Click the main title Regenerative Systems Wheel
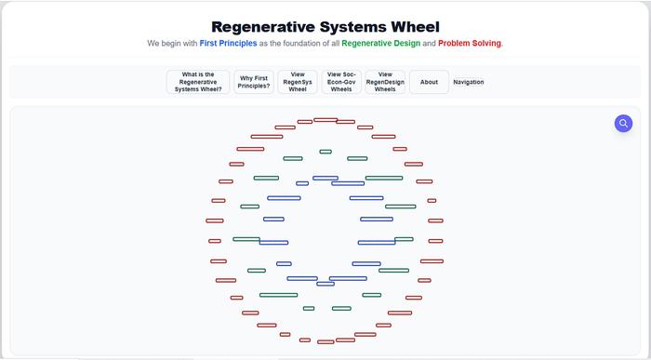click(325, 27)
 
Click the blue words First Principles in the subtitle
click(228, 44)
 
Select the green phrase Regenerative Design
click(380, 44)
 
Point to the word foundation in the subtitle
click(299, 44)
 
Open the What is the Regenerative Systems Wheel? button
click(198, 82)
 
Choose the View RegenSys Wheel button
click(298, 82)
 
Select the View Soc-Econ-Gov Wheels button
click(341, 82)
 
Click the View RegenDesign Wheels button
click(385, 82)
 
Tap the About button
click(429, 82)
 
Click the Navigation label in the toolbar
click(469, 82)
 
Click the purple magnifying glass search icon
click(623, 123)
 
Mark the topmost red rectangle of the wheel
click(325, 120)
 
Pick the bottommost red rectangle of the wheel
click(325, 341)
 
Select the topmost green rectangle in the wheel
click(325, 152)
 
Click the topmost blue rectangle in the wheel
click(325, 178)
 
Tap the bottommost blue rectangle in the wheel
click(325, 284)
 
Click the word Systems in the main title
click(353, 27)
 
